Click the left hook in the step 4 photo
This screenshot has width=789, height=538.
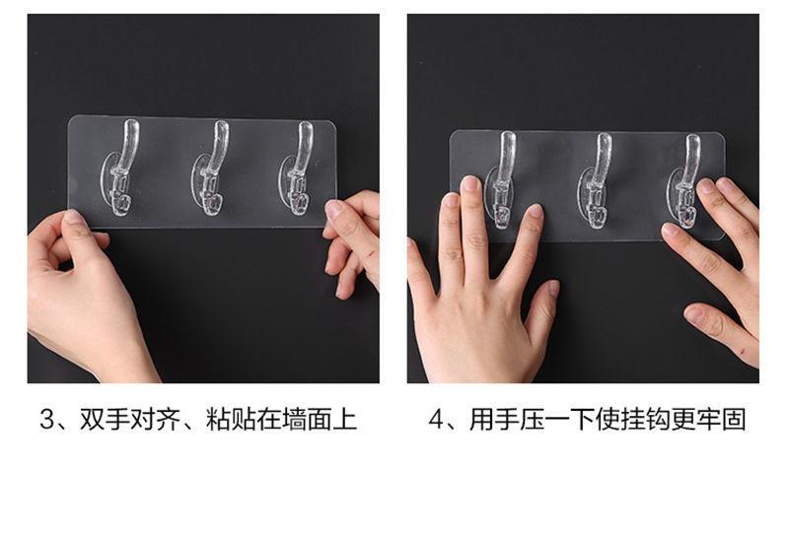[502, 180]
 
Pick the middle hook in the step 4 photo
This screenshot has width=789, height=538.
[597, 182]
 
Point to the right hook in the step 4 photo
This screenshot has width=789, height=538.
[685, 181]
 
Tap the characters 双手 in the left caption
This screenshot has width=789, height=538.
[105, 420]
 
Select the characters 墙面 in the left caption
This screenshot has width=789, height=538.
[307, 420]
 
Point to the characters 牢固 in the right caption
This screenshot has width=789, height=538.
[721, 420]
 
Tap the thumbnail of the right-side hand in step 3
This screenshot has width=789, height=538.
[333, 209]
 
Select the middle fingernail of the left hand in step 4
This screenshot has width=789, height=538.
[471, 183]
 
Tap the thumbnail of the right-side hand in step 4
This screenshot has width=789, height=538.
[694, 313]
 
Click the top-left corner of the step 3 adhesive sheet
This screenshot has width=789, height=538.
[69, 117]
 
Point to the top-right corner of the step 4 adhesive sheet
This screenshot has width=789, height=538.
[724, 134]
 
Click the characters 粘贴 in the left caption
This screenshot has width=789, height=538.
[231, 420]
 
